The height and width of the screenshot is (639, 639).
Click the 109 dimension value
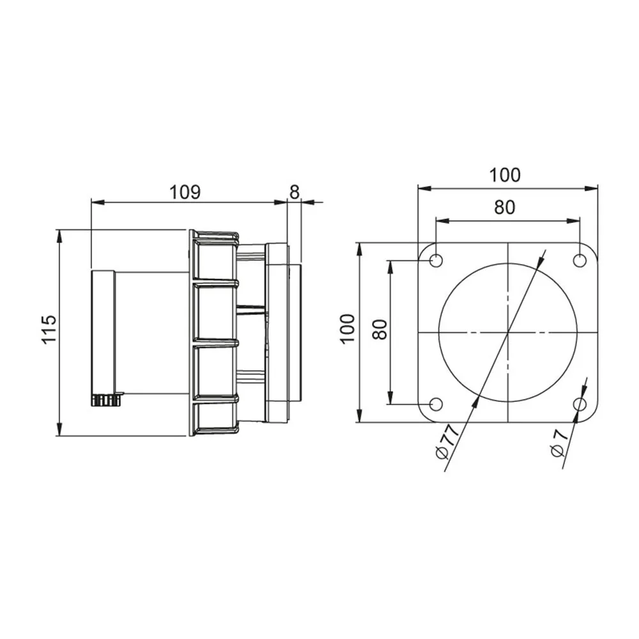tap(185, 192)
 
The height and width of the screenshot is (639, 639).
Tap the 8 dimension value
tap(294, 192)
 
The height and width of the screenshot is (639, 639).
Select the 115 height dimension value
tap(49, 328)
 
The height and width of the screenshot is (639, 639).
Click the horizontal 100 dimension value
tap(505, 175)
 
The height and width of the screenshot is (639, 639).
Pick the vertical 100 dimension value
tap(348, 329)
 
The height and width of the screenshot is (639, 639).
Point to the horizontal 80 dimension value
tap(505, 207)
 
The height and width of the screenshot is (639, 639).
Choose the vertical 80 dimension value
tap(380, 330)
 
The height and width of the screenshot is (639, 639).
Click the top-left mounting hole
tap(436, 261)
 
